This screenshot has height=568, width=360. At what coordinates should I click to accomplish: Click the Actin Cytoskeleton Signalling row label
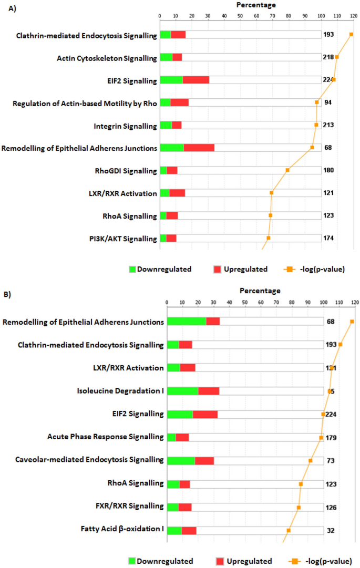[x=107, y=58]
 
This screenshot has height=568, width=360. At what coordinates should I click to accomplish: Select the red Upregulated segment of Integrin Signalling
[x=177, y=125]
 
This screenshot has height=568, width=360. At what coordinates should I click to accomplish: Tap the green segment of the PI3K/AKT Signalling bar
[x=163, y=239]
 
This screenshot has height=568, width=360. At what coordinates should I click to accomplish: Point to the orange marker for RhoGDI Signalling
[x=287, y=170]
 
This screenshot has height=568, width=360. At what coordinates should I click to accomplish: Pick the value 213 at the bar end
[x=330, y=125]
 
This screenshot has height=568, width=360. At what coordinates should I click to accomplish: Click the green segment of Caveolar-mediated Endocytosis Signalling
[x=181, y=460]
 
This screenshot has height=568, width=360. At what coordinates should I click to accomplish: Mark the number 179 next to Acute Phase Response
[x=331, y=437]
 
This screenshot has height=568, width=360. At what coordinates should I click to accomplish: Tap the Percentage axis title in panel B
[x=260, y=291]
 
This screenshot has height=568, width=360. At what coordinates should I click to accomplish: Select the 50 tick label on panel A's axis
[x=240, y=16]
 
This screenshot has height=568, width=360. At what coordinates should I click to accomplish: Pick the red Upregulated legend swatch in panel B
[x=220, y=561]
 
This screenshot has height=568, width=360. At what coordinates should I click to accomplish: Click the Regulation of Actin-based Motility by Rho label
[x=85, y=103]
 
